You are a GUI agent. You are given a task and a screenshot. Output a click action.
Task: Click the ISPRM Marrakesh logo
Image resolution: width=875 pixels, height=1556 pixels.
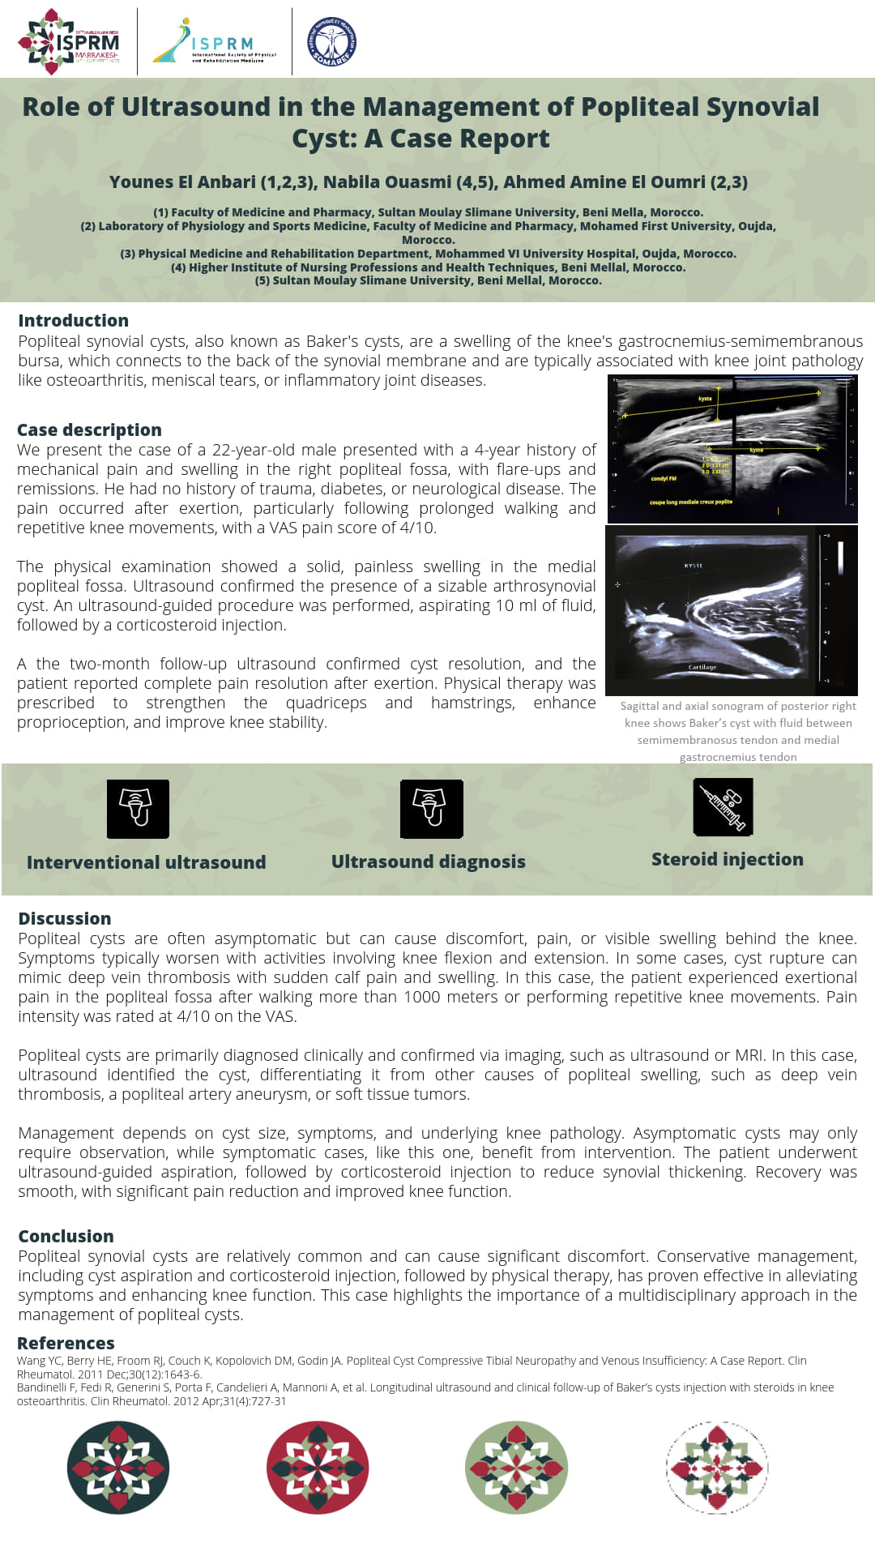click(x=70, y=42)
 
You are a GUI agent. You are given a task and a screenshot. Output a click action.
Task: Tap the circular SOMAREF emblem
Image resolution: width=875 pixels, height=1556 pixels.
click(x=331, y=42)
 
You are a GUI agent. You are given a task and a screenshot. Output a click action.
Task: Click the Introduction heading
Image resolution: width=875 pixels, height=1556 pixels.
click(x=74, y=321)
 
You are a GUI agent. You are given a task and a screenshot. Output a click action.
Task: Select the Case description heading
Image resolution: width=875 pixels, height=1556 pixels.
click(x=90, y=430)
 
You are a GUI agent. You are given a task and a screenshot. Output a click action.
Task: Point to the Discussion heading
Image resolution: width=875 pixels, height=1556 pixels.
click(x=65, y=919)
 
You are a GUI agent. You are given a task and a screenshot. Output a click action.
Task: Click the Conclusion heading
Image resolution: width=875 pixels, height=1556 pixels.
click(x=66, y=1237)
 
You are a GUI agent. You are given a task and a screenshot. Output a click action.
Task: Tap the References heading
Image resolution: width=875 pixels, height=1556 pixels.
click(x=66, y=1344)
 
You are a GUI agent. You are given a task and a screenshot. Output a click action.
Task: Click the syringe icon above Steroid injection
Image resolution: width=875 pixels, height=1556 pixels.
click(x=723, y=807)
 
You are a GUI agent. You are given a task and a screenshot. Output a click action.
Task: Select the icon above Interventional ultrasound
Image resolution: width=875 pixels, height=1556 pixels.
click(x=139, y=809)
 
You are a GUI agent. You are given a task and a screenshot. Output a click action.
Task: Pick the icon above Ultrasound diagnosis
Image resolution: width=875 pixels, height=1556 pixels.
click(x=432, y=809)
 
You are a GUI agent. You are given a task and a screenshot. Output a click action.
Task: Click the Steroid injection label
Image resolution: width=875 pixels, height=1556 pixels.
click(x=728, y=860)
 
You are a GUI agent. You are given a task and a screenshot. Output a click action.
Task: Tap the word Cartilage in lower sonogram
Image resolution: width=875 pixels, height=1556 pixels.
click(x=702, y=668)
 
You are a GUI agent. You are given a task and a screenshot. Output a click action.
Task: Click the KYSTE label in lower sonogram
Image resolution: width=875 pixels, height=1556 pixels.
click(x=694, y=566)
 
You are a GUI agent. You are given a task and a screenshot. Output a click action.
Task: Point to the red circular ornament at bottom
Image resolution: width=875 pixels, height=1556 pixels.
click(x=318, y=1468)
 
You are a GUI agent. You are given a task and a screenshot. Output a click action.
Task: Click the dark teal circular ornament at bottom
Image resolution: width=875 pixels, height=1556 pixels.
click(x=118, y=1468)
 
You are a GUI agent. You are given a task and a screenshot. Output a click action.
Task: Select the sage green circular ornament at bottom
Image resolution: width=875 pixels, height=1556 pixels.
click(x=517, y=1468)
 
